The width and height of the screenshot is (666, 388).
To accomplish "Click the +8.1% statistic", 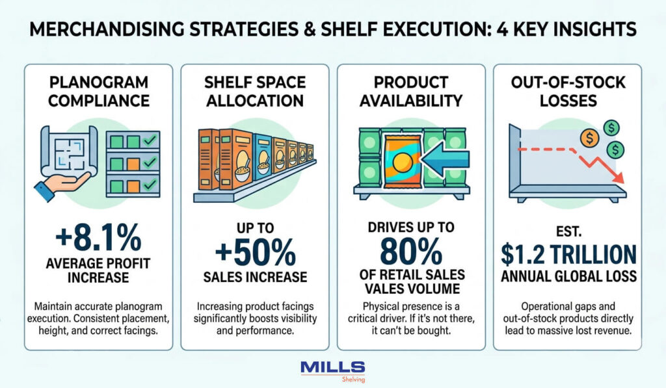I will (x=98, y=239).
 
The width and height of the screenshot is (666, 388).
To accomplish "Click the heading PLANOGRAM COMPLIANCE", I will (x=98, y=92).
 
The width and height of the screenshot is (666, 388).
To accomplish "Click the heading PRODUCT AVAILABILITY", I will (x=410, y=92).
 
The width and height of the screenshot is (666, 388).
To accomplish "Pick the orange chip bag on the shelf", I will (x=401, y=161).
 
